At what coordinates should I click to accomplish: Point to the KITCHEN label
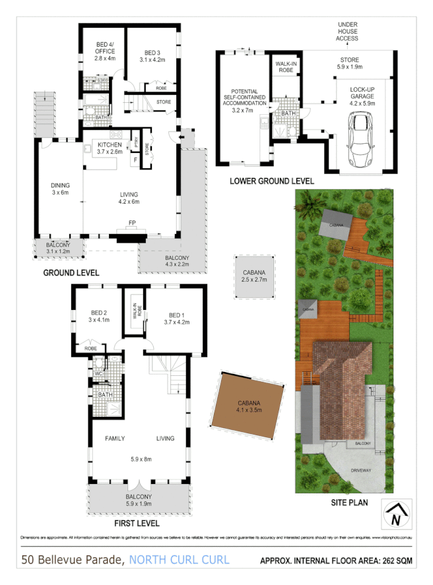pos(110,144)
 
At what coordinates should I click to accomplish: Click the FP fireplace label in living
pos(132,222)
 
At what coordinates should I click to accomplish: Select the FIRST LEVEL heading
pos(138,523)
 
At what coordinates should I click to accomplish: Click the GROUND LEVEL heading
pos(71,272)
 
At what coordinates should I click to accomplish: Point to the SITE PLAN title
pos(348,503)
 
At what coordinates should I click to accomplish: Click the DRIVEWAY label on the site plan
pos(361,470)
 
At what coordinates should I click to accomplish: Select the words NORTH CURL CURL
pos(179,560)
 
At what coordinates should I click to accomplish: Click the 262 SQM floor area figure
pos(395,561)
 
